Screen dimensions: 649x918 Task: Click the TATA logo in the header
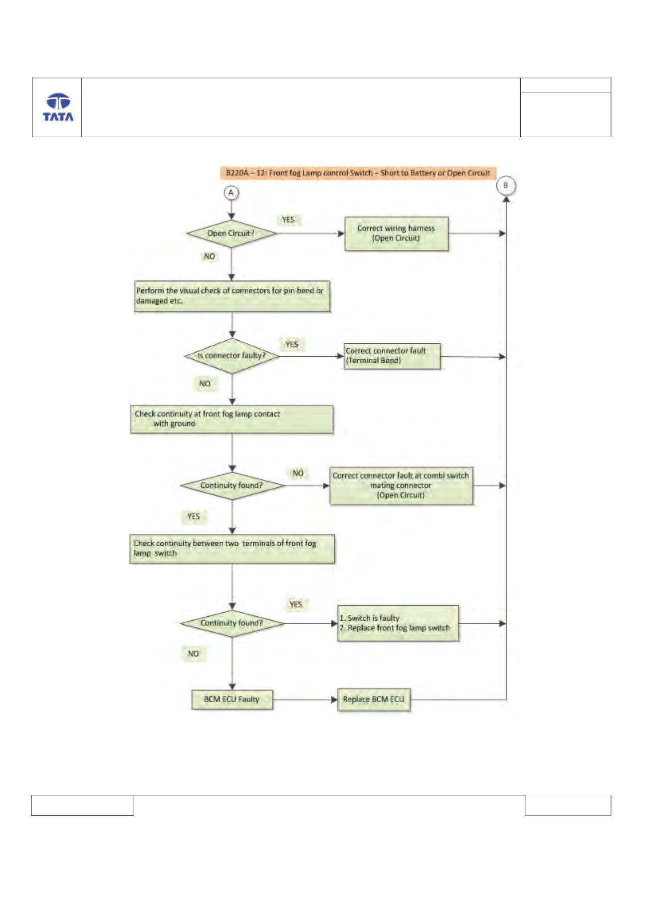(58, 107)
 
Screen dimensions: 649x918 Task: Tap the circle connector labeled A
(231, 193)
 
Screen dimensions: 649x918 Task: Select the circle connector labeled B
(505, 186)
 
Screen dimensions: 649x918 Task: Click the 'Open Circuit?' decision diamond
(231, 233)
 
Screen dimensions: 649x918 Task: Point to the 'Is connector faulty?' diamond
(232, 356)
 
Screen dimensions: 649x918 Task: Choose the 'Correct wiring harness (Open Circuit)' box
(396, 233)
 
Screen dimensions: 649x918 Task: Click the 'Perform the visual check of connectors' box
(232, 296)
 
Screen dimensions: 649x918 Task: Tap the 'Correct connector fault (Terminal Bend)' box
(392, 356)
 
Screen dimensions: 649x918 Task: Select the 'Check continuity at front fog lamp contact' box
(231, 419)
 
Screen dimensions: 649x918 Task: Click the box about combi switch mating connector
(401, 485)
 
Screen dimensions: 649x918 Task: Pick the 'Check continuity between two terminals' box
(232, 549)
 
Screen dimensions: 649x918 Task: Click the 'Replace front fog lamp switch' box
(398, 623)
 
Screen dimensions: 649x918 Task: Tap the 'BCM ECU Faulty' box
(232, 699)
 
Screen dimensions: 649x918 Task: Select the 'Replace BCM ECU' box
(374, 699)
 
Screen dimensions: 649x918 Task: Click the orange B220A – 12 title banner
(358, 173)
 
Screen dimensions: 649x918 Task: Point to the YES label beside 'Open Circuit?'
(288, 220)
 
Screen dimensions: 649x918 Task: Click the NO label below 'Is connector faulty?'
(205, 383)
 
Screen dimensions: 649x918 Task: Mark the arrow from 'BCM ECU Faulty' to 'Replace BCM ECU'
(305, 699)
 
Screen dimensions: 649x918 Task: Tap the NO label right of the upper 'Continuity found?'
(298, 473)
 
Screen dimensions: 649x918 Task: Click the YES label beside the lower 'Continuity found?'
(296, 604)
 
